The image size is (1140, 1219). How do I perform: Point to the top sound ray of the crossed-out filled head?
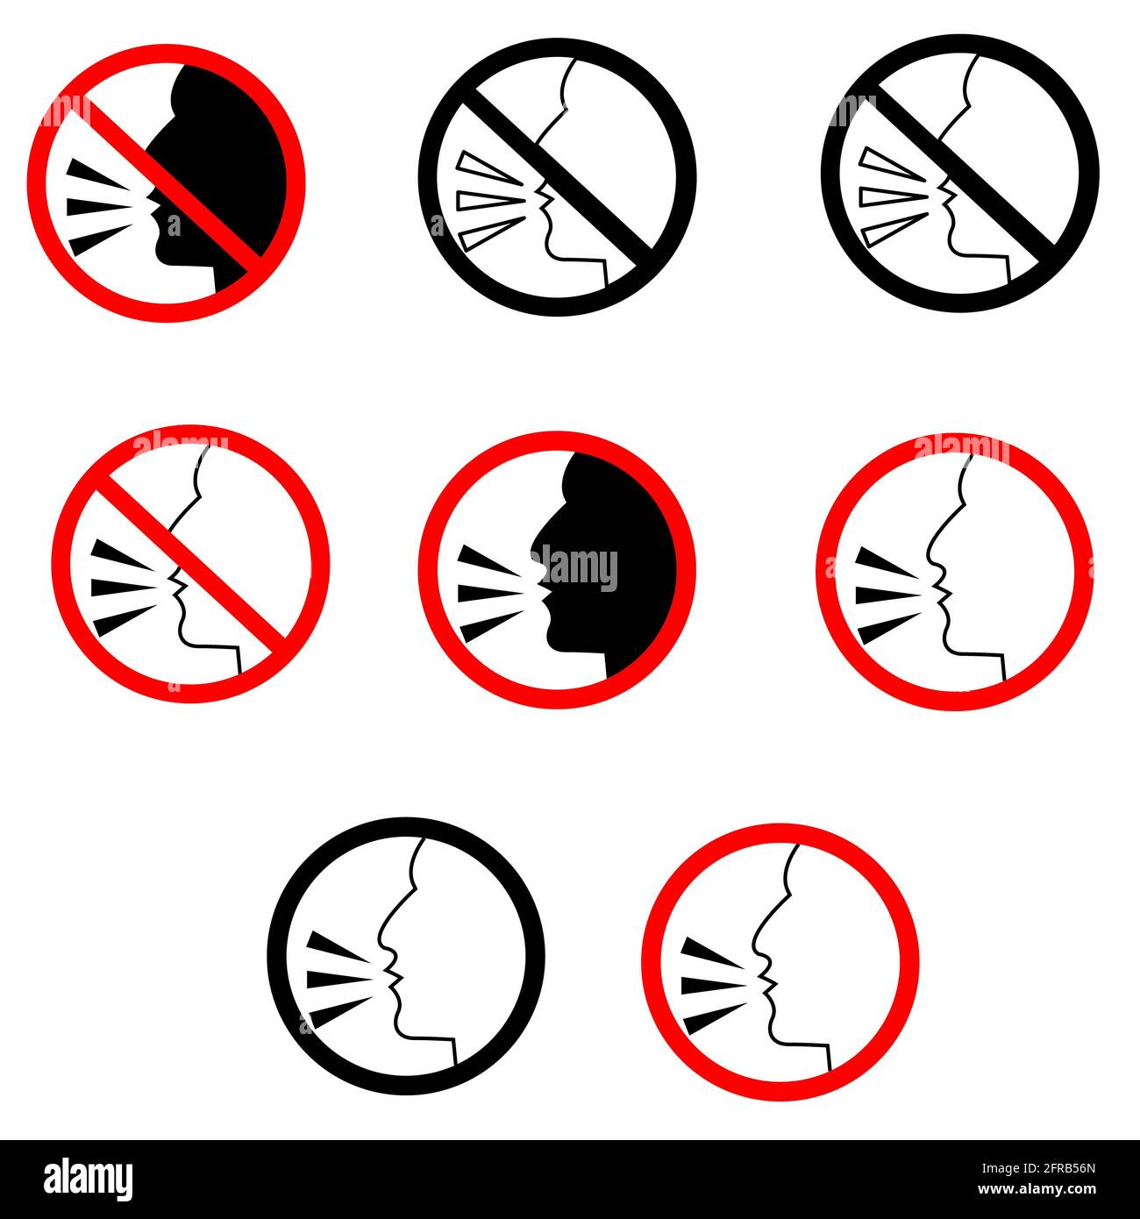tap(98, 175)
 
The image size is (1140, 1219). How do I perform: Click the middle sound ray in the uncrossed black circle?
tap(342, 978)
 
